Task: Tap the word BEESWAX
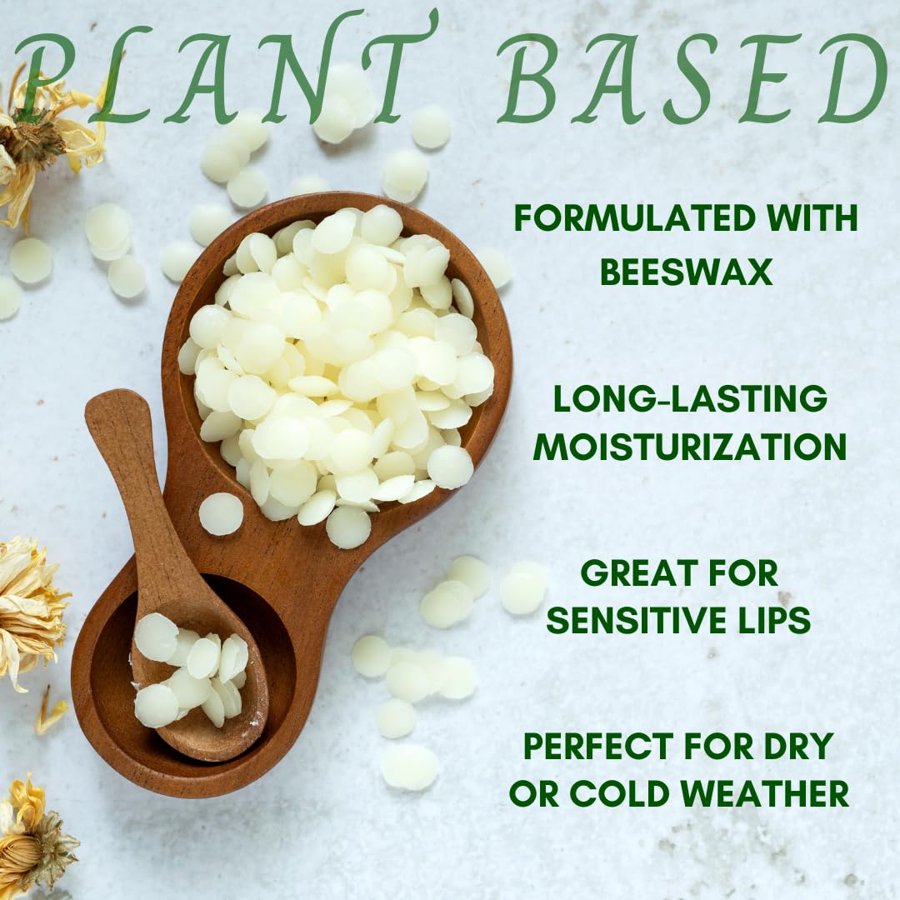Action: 686,272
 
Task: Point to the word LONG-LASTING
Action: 690,398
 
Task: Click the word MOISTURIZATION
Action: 690,446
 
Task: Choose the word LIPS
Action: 776,619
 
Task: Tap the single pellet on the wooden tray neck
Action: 221,513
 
